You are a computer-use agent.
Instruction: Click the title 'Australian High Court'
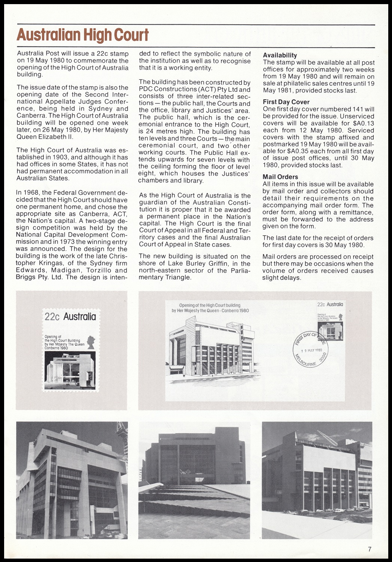(83, 35)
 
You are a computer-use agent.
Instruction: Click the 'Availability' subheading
(280, 55)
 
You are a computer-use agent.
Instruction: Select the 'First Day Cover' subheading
(286, 102)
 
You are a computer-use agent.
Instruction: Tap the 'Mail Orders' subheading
(280, 177)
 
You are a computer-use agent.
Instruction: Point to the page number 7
(370, 549)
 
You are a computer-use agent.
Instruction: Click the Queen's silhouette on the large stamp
(91, 342)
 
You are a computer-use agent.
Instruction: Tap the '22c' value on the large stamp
(52, 317)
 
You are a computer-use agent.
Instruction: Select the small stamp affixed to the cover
(330, 318)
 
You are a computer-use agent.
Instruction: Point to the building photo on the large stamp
(70, 371)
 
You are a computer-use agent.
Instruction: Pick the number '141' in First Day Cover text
(358, 109)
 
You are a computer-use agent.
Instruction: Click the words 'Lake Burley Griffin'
(180, 263)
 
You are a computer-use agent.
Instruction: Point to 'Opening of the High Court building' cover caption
(210, 305)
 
